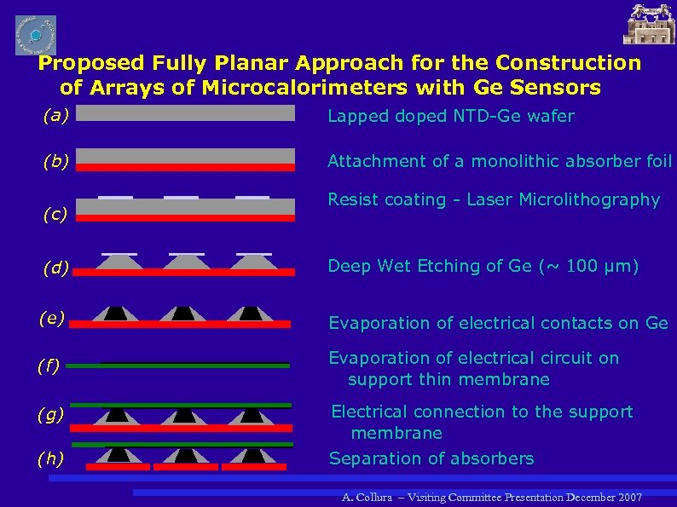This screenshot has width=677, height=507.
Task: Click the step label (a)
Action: pos(55,117)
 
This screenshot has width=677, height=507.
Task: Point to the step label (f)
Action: pos(48,366)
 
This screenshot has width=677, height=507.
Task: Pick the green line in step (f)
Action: pos(178,365)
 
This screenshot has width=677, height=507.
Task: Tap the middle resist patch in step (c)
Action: pos(181,198)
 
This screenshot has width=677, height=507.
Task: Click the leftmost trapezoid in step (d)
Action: pos(119,262)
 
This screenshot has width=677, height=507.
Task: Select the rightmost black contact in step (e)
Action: pos(250,313)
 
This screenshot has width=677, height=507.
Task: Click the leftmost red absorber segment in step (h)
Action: pos(117,467)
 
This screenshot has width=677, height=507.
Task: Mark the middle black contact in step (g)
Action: pos(183,416)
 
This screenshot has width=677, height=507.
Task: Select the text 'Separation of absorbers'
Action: pos(431,458)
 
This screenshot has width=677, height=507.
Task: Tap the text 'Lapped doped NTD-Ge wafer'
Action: pos(451,116)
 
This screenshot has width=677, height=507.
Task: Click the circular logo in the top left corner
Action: pos(36,35)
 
